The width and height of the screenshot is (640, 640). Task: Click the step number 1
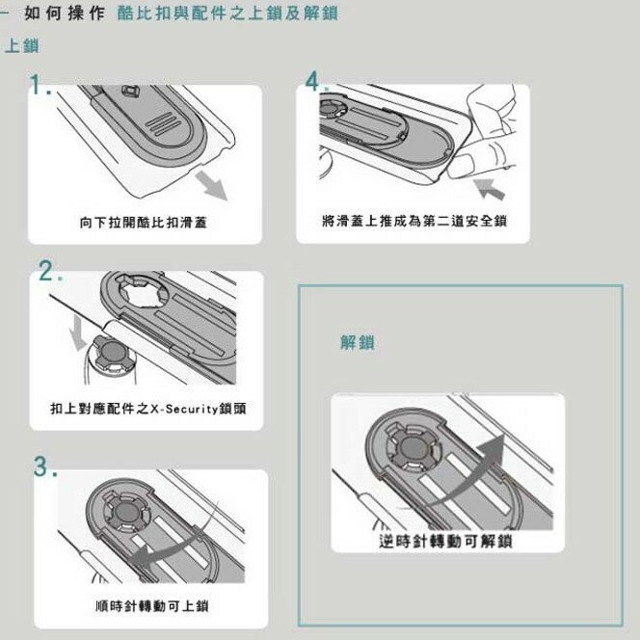[40, 85]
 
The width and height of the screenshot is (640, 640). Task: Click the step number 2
[51, 271]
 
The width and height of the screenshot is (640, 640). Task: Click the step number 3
[45, 467]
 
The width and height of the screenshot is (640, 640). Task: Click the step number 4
[316, 81]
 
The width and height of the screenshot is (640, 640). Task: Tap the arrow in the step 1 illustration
[211, 185]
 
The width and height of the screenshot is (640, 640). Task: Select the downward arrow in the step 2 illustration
[77, 333]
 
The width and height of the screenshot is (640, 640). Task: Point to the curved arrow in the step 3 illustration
[175, 543]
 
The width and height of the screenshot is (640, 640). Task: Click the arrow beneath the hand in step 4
[490, 189]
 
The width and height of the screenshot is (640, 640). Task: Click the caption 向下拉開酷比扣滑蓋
[144, 223]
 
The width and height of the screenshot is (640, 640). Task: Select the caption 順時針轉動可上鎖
[152, 605]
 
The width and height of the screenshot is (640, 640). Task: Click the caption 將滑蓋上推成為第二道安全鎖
[414, 221]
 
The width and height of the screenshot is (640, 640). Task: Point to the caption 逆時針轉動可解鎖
[445, 542]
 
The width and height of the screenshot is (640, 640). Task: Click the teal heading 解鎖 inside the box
[358, 342]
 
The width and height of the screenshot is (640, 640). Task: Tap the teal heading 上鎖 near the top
[21, 45]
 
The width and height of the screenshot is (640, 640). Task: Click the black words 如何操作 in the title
[64, 13]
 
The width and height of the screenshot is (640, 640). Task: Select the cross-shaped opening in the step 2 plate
[143, 291]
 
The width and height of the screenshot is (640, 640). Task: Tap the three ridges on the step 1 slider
[163, 123]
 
